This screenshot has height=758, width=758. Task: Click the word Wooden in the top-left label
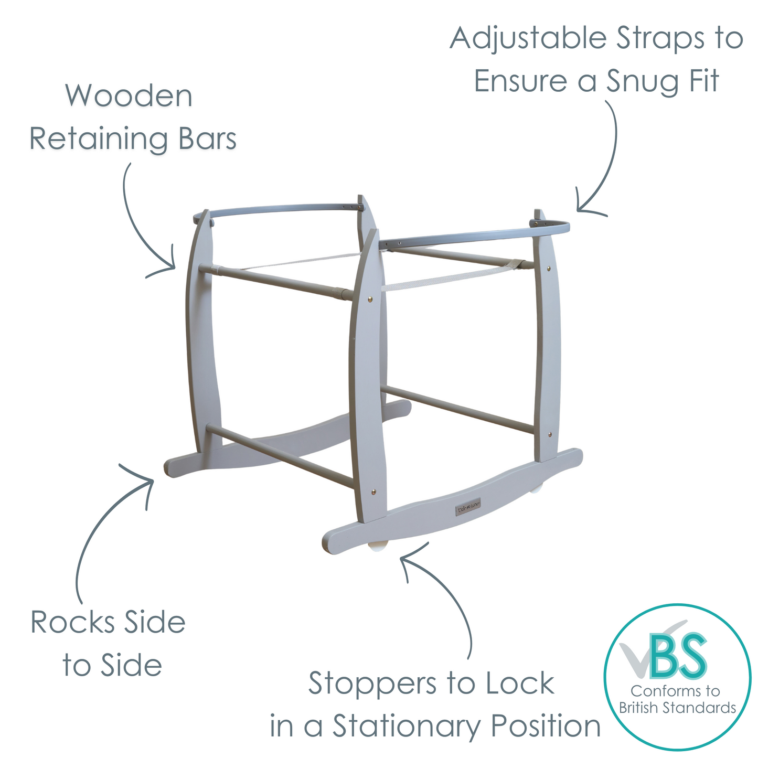tap(129, 96)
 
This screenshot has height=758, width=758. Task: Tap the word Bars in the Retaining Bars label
tap(207, 139)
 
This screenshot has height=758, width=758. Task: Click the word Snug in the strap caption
tap(638, 81)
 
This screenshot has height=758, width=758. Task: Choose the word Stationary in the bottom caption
tap(407, 727)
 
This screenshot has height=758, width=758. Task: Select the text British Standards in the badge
tap(677, 708)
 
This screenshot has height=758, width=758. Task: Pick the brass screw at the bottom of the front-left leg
tap(373, 492)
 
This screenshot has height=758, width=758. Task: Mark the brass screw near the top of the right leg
tap(549, 268)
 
